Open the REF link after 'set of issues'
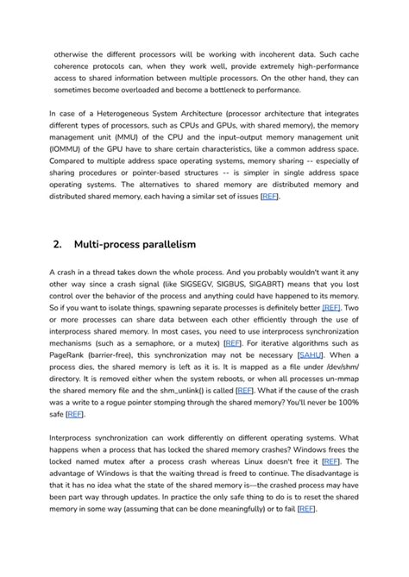[x=269, y=197]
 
